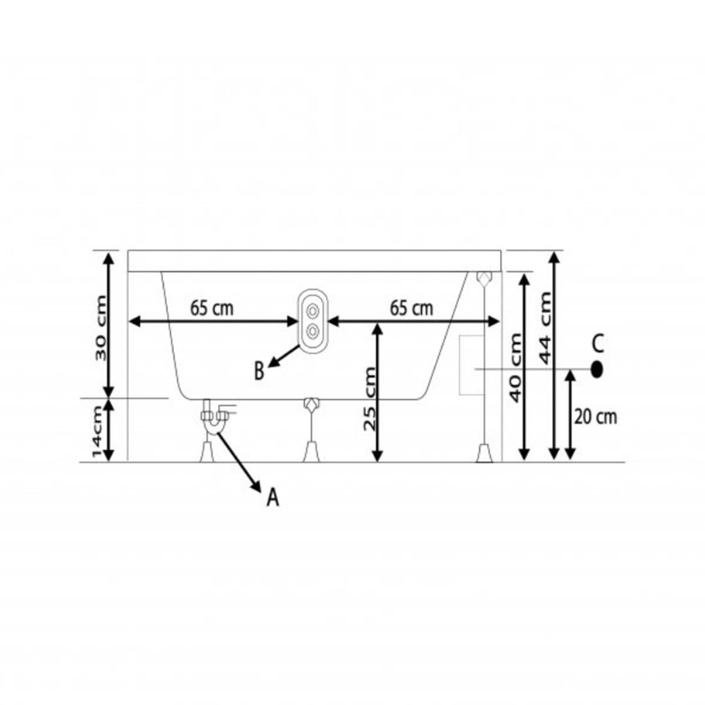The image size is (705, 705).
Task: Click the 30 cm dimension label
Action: tap(100, 328)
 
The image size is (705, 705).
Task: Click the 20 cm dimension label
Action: tap(596, 417)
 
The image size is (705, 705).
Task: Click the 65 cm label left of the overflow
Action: tap(211, 308)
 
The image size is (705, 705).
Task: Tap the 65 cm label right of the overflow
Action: tap(411, 308)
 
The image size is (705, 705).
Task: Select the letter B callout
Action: tap(259, 371)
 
